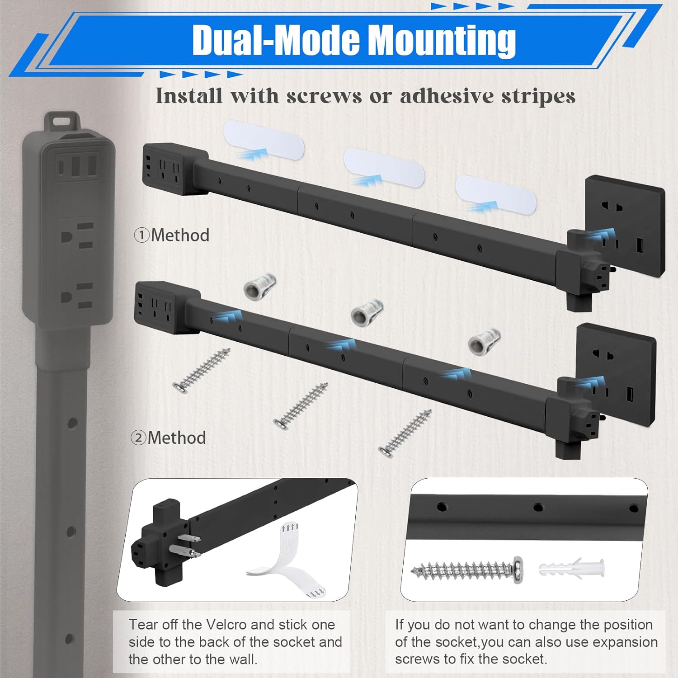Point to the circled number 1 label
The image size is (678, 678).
pyautogui.click(x=141, y=235)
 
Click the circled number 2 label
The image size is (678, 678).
pyautogui.click(x=138, y=438)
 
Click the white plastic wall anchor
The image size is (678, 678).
pyautogui.click(x=572, y=567)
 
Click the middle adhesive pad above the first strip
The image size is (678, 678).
pyautogui.click(x=384, y=167)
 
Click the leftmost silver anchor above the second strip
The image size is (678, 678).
pyautogui.click(x=260, y=286)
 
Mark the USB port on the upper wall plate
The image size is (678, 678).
pyautogui.click(x=640, y=246)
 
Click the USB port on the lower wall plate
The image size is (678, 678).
pyautogui.click(x=630, y=395)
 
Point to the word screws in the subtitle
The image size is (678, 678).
pyautogui.click(x=324, y=96)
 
